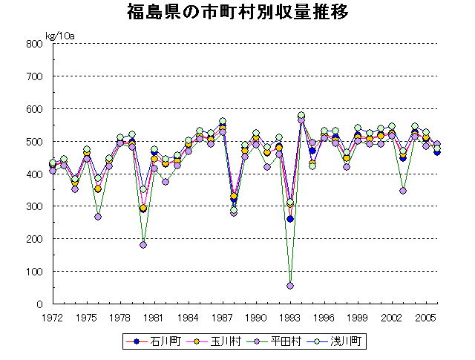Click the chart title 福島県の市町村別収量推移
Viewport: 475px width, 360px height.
(x=238, y=13)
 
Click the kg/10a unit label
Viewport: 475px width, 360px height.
(x=60, y=35)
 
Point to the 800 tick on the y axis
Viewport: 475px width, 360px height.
(x=33, y=44)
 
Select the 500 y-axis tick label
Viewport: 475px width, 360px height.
(x=33, y=141)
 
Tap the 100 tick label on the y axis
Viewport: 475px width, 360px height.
(x=33, y=272)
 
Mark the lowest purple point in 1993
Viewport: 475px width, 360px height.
(x=290, y=286)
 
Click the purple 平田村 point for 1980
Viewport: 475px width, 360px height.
(x=142, y=245)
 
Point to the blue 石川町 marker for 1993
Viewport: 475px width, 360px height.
(x=290, y=219)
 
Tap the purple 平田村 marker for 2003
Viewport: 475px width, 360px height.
(x=403, y=191)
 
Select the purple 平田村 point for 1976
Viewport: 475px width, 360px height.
(x=97, y=217)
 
